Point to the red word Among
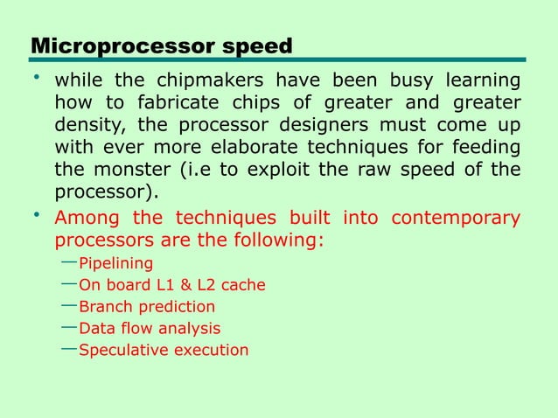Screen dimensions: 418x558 pos(86,218)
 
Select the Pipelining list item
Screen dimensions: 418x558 pos(115,264)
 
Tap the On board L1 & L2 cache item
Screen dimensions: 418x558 pos(171,285)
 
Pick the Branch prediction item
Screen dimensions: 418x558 pos(147,307)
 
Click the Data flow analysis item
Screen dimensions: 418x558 pos(150,329)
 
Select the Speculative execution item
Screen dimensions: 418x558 pos(164,351)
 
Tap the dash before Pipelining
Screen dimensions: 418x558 pos(70,262)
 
